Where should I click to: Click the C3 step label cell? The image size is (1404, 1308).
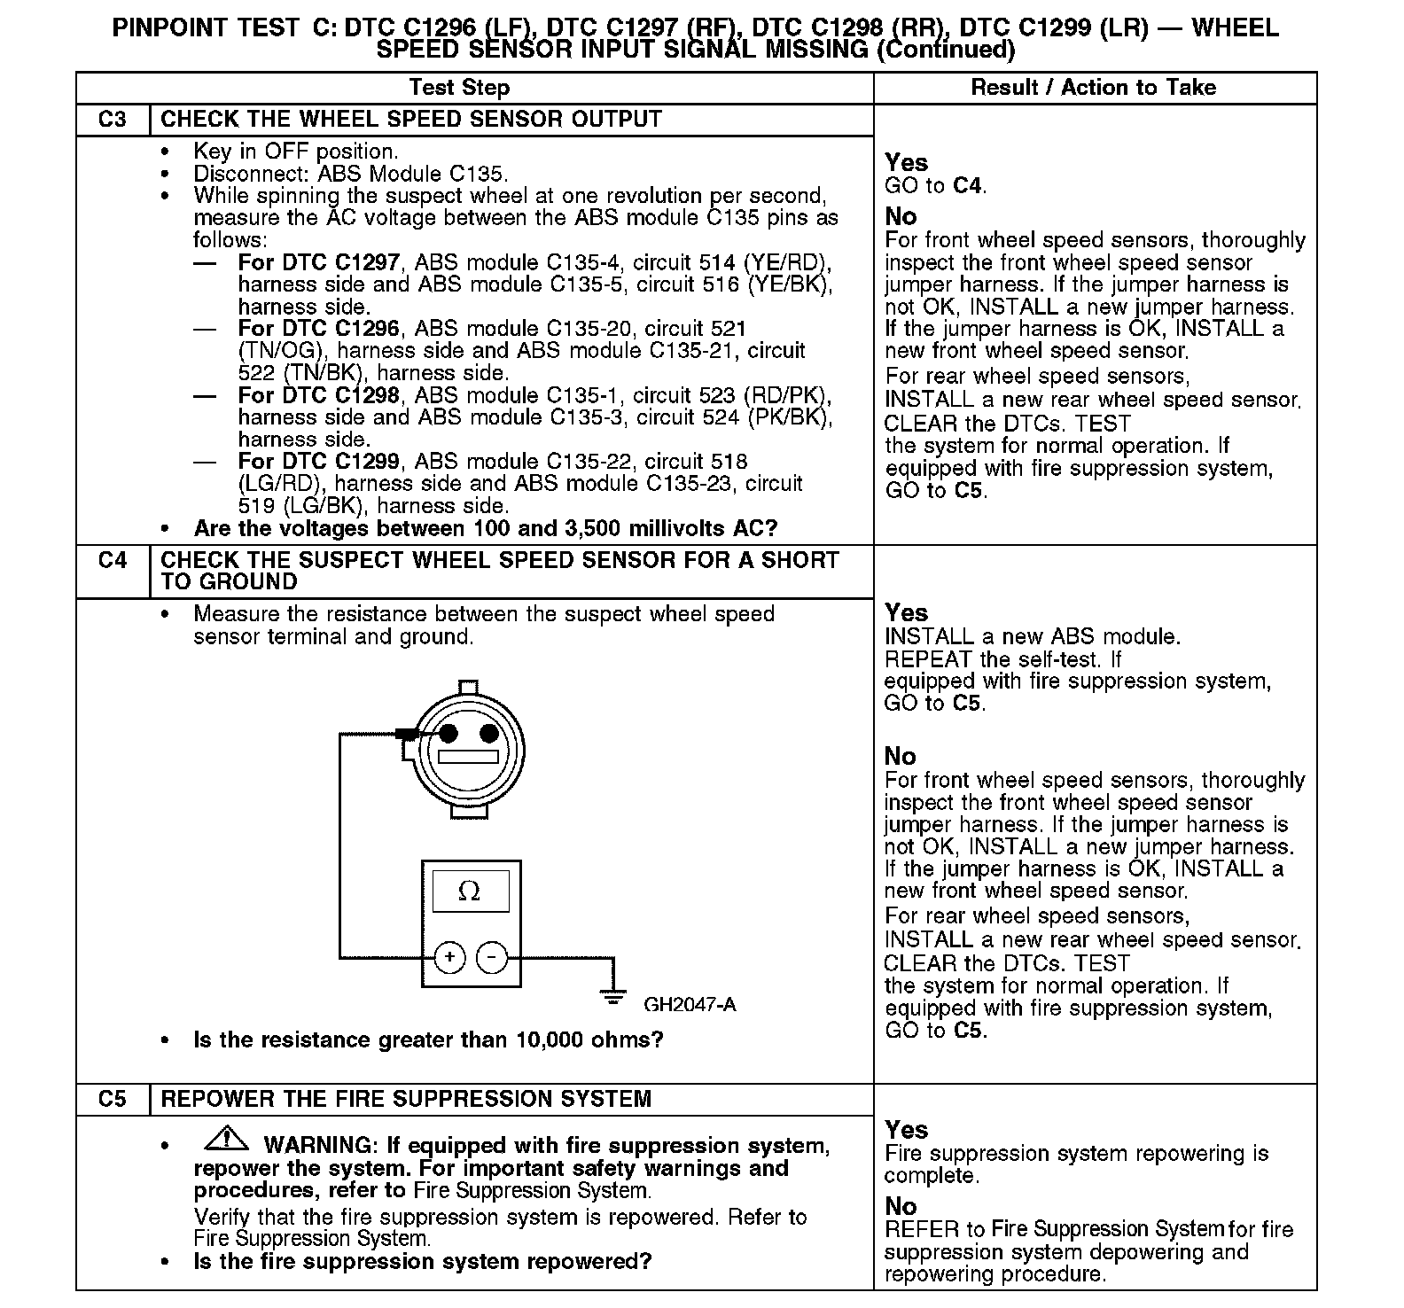(x=113, y=120)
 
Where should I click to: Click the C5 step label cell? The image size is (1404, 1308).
(x=113, y=1100)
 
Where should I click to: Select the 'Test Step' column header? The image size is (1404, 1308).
(x=459, y=88)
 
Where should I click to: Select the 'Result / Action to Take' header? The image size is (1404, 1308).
(x=1094, y=88)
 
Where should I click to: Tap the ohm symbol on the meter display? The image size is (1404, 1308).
(x=470, y=891)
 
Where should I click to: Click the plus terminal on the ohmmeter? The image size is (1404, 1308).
(x=450, y=957)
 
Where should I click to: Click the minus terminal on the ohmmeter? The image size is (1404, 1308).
(x=493, y=957)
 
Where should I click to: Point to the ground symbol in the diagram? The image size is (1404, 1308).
(x=612, y=993)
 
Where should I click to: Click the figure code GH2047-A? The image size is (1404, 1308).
(x=690, y=1005)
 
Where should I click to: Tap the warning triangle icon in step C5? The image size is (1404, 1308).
(x=229, y=1137)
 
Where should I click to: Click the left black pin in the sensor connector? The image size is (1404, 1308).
(x=448, y=733)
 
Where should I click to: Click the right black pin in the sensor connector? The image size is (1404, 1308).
(x=488, y=733)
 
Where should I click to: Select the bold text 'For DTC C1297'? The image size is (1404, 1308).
(x=318, y=262)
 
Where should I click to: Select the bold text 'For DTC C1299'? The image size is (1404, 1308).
(x=318, y=462)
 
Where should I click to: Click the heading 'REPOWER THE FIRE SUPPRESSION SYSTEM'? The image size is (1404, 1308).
(x=406, y=1100)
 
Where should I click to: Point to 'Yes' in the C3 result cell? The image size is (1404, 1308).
(x=906, y=163)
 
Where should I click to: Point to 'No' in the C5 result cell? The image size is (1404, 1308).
(x=901, y=1206)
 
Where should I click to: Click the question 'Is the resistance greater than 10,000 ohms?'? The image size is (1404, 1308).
(x=428, y=1039)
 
